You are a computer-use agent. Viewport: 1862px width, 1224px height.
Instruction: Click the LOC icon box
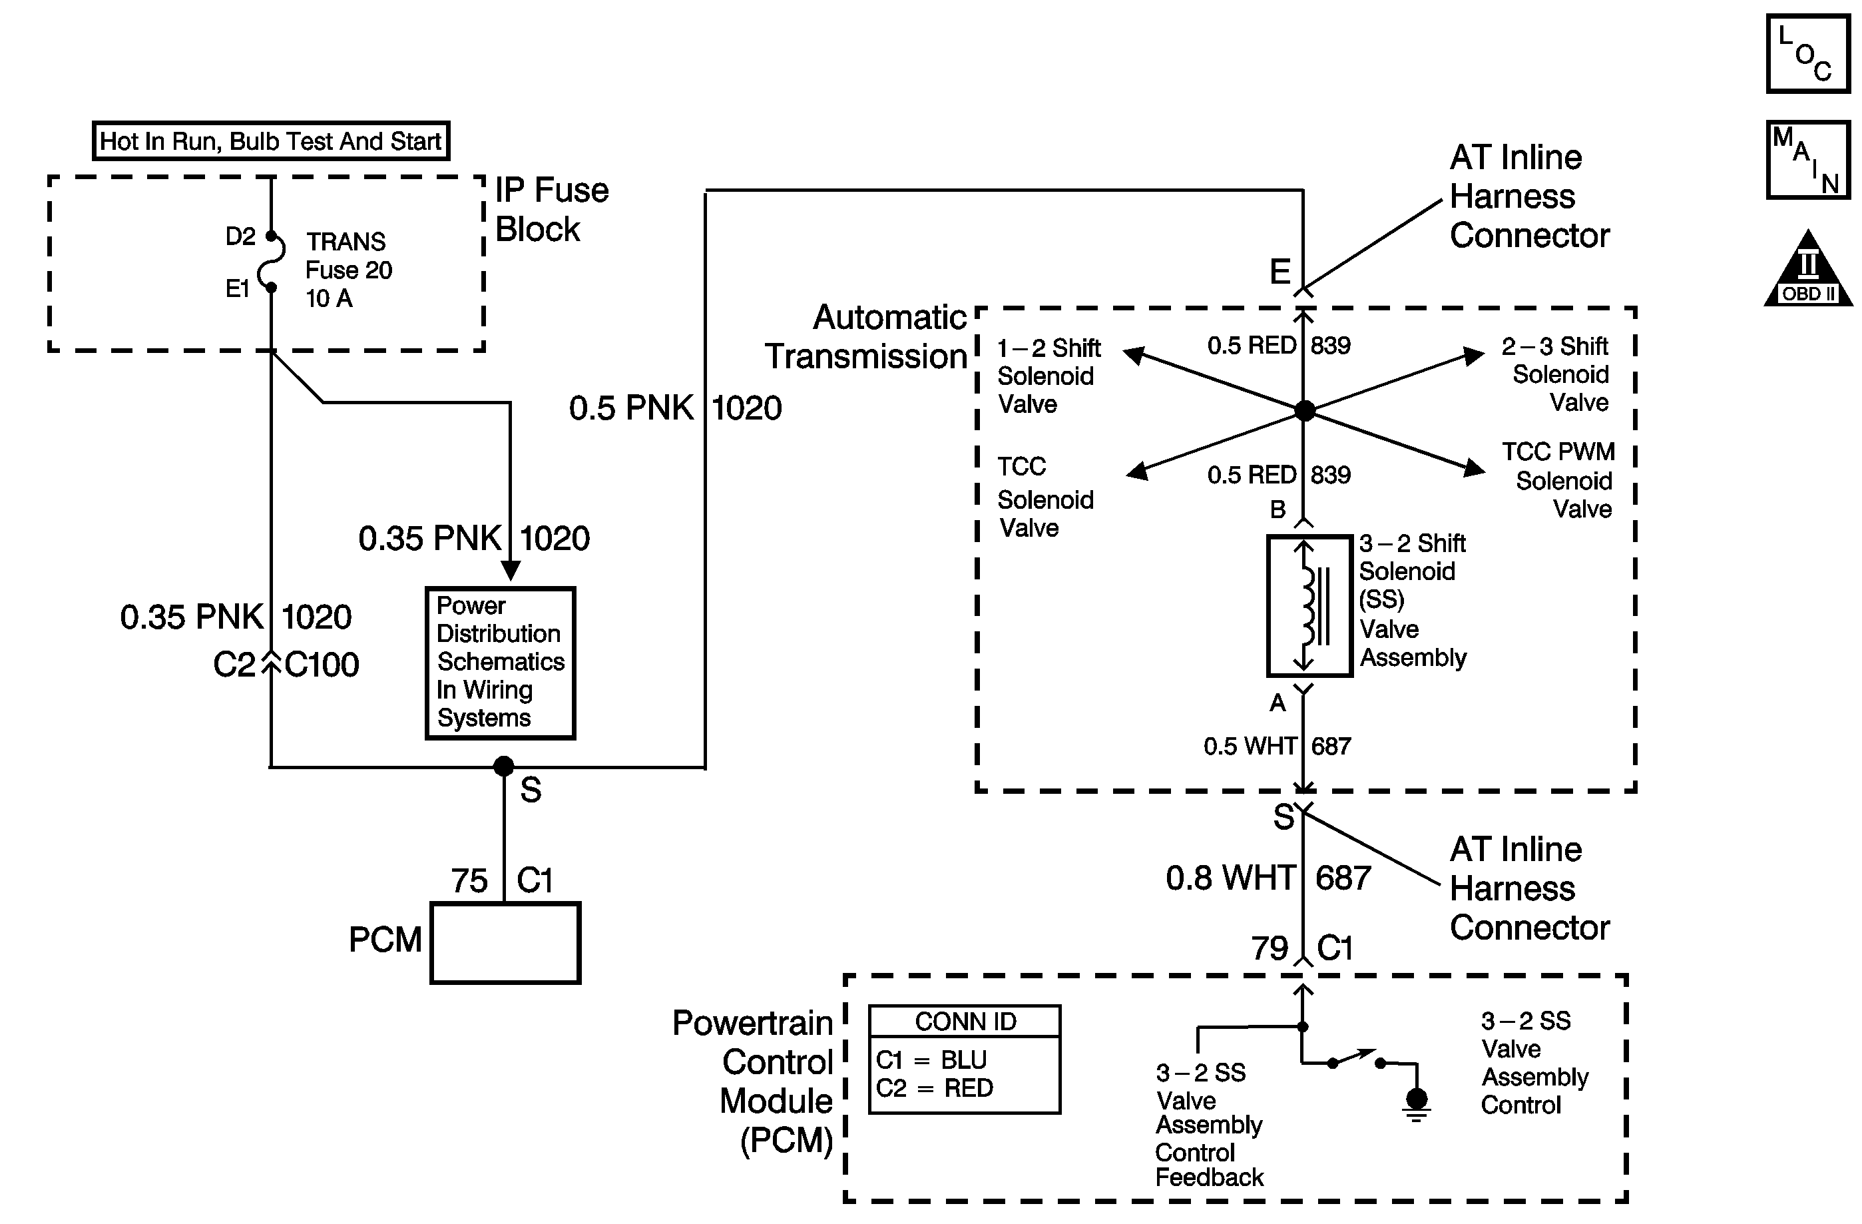click(1807, 54)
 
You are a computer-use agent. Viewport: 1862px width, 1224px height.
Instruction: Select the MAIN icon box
click(1807, 160)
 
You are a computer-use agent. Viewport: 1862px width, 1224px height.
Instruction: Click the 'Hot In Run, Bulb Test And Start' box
click(271, 142)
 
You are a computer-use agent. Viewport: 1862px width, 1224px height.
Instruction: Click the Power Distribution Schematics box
click(501, 662)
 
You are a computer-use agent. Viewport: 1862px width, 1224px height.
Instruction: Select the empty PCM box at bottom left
click(505, 943)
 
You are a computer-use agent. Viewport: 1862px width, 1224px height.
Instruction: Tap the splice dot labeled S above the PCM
click(504, 766)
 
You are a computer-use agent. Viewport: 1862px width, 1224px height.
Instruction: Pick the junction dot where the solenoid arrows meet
click(1304, 410)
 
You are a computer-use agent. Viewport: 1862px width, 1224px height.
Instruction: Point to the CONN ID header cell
click(965, 1022)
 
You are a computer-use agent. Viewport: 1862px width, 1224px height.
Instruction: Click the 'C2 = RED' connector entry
click(934, 1088)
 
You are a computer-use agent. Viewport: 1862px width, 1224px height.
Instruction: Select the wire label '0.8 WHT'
click(1230, 878)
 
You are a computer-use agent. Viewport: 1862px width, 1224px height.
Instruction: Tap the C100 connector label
click(322, 665)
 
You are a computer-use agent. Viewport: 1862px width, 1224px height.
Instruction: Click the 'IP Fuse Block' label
click(552, 210)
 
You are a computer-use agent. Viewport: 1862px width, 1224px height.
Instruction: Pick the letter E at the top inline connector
click(1280, 272)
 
